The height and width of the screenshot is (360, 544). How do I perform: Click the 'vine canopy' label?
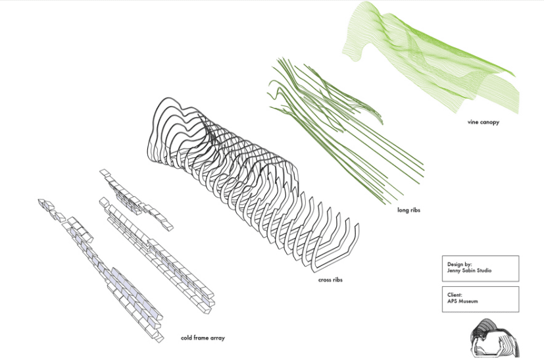[x=478, y=122]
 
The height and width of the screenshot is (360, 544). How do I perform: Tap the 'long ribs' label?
[x=408, y=211]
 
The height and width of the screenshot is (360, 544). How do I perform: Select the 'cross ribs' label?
[x=330, y=280]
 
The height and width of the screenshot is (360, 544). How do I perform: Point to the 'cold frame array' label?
[x=203, y=338]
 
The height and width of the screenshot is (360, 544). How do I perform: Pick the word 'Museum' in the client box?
[x=468, y=301]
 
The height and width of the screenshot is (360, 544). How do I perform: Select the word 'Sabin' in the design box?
[x=467, y=270]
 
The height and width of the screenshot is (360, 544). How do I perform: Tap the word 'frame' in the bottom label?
[x=201, y=338]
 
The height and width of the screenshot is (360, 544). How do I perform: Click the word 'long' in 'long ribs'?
[x=403, y=211]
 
